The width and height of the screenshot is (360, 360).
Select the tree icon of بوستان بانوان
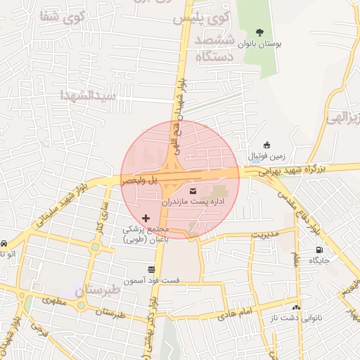click(260, 32)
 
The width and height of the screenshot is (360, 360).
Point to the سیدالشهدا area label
click(87, 95)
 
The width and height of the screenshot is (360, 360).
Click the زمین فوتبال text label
click(266, 155)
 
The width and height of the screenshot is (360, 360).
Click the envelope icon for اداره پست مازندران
click(193, 191)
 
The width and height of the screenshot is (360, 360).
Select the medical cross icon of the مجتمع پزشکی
click(146, 219)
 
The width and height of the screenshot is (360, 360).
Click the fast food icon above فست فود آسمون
click(151, 269)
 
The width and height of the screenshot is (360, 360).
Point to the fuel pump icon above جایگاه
click(321, 250)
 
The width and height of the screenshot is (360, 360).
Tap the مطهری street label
click(53, 300)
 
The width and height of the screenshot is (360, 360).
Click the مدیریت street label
click(265, 233)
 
